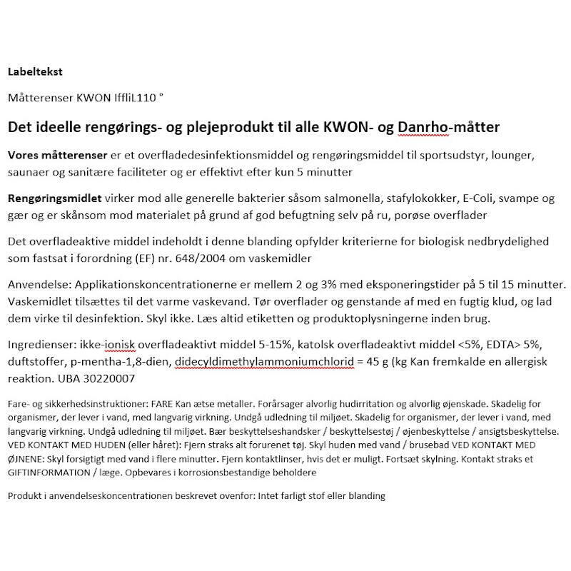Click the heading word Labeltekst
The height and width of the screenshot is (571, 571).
tap(35, 71)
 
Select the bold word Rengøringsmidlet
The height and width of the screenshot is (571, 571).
tap(50, 198)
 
